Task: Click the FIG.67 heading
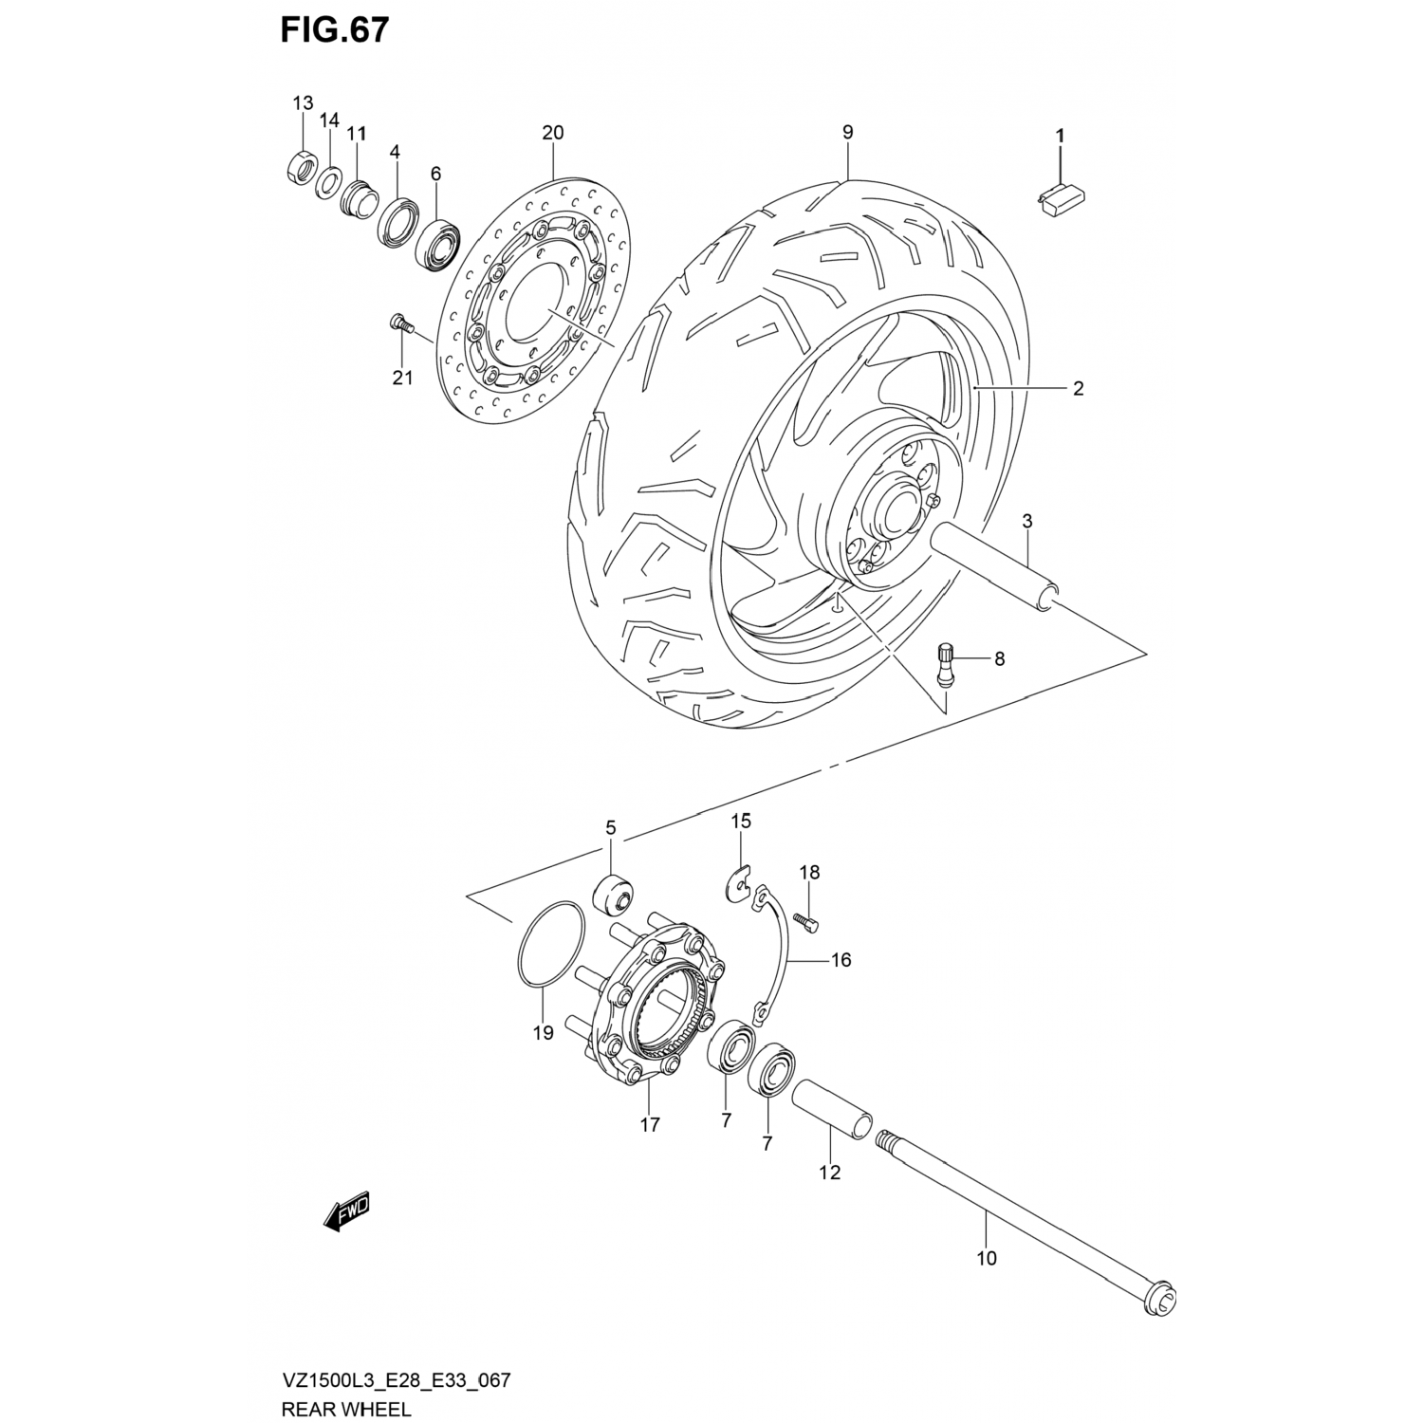[x=334, y=30]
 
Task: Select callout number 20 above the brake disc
[x=552, y=133]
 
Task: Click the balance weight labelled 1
[x=1062, y=200]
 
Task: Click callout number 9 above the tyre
[x=847, y=133]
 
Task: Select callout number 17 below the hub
[x=650, y=1125]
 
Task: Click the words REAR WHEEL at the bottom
[x=345, y=1407]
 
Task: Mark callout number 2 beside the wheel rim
[x=1078, y=388]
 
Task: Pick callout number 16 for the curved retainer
[x=841, y=960]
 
